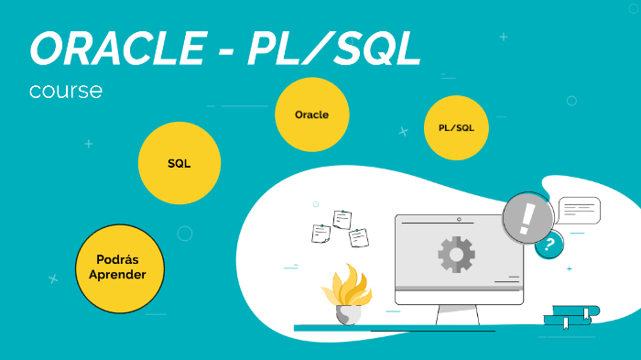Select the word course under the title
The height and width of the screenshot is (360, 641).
pyautogui.click(x=65, y=92)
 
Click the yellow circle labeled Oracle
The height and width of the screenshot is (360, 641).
pyautogui.click(x=311, y=115)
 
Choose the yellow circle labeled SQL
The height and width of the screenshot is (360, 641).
pyautogui.click(x=179, y=163)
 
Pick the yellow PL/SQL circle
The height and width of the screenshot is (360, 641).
pyautogui.click(x=456, y=127)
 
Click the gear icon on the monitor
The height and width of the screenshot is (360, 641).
pyautogui.click(x=456, y=254)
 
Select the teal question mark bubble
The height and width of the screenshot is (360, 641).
pyautogui.click(x=549, y=244)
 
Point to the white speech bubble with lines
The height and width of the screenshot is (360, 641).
pyautogui.click(x=579, y=211)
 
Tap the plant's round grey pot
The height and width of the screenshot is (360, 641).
pyautogui.click(x=348, y=314)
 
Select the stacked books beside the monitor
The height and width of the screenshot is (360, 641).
pyautogui.click(x=570, y=316)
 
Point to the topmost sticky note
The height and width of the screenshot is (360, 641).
pyautogui.click(x=342, y=219)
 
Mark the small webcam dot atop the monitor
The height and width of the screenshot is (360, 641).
pyautogui.click(x=459, y=219)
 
